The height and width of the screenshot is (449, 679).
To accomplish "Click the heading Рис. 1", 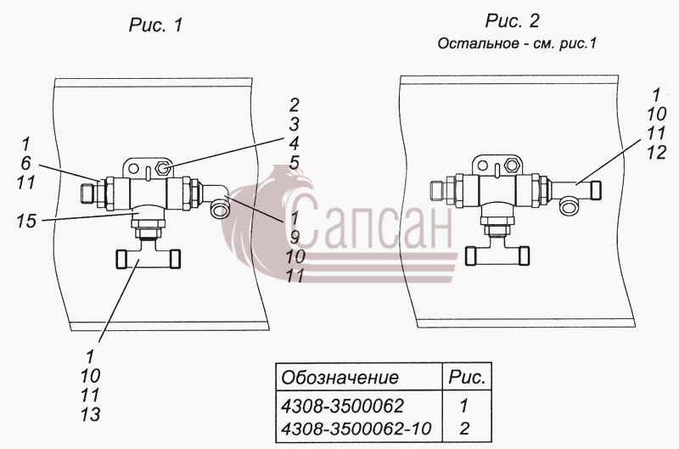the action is click(x=156, y=25).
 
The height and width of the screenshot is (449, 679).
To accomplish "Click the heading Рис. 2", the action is click(x=513, y=21).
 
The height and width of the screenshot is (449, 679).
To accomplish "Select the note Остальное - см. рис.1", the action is click(x=517, y=44).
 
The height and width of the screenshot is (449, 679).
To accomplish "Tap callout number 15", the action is click(x=26, y=222).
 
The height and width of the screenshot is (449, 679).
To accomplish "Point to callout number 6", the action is click(x=26, y=163).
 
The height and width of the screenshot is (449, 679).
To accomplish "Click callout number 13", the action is click(x=90, y=414).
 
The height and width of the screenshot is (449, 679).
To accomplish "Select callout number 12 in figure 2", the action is click(x=656, y=153).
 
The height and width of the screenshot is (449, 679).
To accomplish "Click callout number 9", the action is click(x=295, y=238).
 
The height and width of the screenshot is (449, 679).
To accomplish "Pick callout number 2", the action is click(x=295, y=105).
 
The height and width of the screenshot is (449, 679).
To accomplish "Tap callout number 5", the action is click(x=295, y=163).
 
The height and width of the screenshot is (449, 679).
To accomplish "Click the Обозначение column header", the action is click(x=340, y=378).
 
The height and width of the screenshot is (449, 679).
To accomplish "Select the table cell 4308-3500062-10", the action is click(x=356, y=429).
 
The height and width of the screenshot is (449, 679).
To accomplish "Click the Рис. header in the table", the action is click(x=467, y=378).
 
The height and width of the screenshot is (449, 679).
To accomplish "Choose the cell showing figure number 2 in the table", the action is click(x=464, y=429).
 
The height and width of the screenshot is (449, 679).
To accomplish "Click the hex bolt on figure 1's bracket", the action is click(x=162, y=167).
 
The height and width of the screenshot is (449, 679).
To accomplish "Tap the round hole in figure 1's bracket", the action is click(x=133, y=168).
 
